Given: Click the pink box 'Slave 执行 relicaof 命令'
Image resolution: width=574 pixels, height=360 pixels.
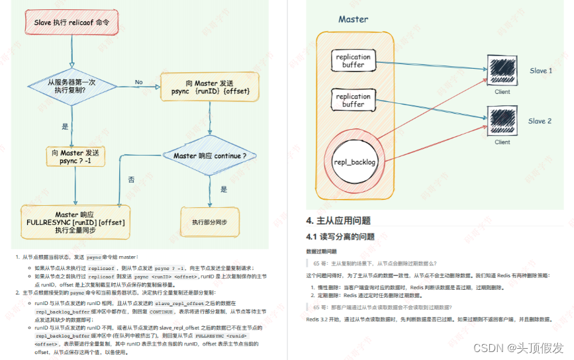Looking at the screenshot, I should tap(71, 23).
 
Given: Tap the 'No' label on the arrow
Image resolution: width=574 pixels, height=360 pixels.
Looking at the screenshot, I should tap(139, 83).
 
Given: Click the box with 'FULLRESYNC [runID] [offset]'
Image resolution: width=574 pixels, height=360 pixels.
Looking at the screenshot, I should tap(75, 222).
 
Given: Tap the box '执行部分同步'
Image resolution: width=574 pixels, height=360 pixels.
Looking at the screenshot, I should tap(209, 222).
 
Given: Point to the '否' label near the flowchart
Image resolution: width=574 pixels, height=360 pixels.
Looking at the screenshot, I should tap(130, 179).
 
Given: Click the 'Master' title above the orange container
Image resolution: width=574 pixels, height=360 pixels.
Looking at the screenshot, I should tap(353, 20).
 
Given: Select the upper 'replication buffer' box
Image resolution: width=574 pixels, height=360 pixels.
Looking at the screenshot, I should tap(353, 61).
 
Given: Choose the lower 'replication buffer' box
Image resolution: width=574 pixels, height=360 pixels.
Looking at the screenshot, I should tap(353, 101).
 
